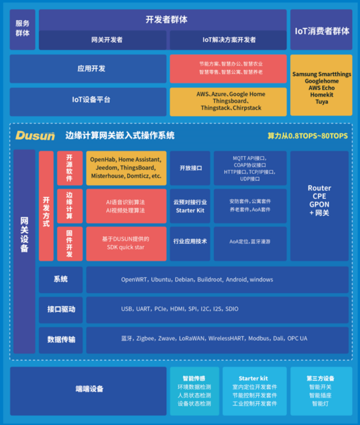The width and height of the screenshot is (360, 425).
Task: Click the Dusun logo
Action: [x=34, y=135]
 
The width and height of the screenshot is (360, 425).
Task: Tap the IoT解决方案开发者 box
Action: [x=228, y=40]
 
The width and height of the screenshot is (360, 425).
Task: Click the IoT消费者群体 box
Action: [x=321, y=30]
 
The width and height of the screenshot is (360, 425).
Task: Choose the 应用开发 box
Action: [x=88, y=69]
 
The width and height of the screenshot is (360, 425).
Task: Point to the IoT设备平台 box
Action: [x=88, y=100]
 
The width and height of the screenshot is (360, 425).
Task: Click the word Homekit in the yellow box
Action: [x=321, y=94]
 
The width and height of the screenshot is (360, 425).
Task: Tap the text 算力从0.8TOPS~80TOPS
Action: [x=307, y=136]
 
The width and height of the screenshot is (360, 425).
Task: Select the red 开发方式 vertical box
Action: [x=46, y=205]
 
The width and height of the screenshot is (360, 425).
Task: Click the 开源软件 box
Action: [x=69, y=168]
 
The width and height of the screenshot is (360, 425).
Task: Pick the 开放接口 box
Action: [x=190, y=168]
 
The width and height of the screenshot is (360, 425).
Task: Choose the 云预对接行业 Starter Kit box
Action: [x=190, y=206]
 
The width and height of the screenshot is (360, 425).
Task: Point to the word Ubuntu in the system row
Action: [x=161, y=279]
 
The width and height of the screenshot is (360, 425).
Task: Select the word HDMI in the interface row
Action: [x=177, y=309]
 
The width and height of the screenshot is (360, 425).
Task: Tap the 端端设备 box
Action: [x=88, y=389]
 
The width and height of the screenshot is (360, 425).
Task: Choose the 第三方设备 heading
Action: [x=320, y=378]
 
